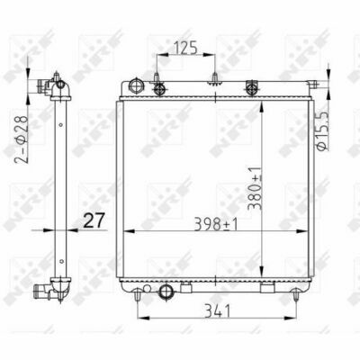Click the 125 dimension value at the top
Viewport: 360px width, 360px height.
185,49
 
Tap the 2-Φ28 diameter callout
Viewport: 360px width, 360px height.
22,139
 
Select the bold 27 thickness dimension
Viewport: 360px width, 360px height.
93,220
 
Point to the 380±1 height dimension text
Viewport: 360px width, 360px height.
255,188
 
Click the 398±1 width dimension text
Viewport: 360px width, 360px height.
216,224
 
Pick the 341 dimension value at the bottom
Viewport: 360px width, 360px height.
217,310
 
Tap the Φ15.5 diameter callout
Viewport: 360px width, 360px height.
323,130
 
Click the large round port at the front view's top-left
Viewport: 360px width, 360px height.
137,85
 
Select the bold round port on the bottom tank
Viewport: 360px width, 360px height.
166,290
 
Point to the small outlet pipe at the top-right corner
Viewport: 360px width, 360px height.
313,84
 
